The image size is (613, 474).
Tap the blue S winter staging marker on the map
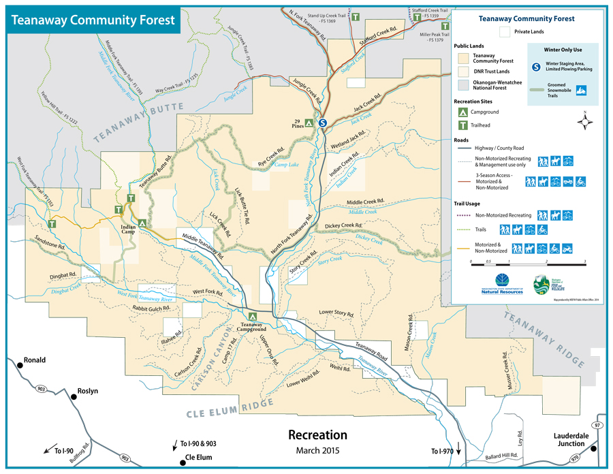323,123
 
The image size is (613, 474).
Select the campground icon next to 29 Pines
309,123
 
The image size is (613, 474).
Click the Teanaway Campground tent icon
252,317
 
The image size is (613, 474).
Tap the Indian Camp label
128,230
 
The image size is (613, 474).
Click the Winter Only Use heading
562,50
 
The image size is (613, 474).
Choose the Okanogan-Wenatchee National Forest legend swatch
465,84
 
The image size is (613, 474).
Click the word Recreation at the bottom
317,434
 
